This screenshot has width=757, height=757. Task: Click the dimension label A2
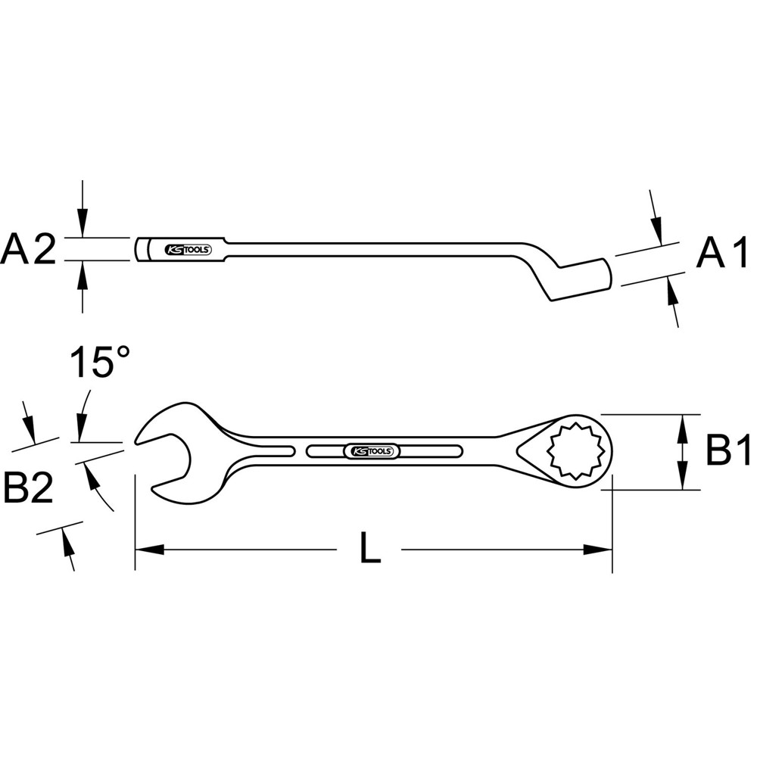point(29,251)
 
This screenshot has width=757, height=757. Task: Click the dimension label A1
point(722,254)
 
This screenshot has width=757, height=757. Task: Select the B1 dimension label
point(727,453)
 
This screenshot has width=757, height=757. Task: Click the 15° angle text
point(101,364)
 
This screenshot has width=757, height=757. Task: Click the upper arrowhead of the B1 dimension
point(684,424)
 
